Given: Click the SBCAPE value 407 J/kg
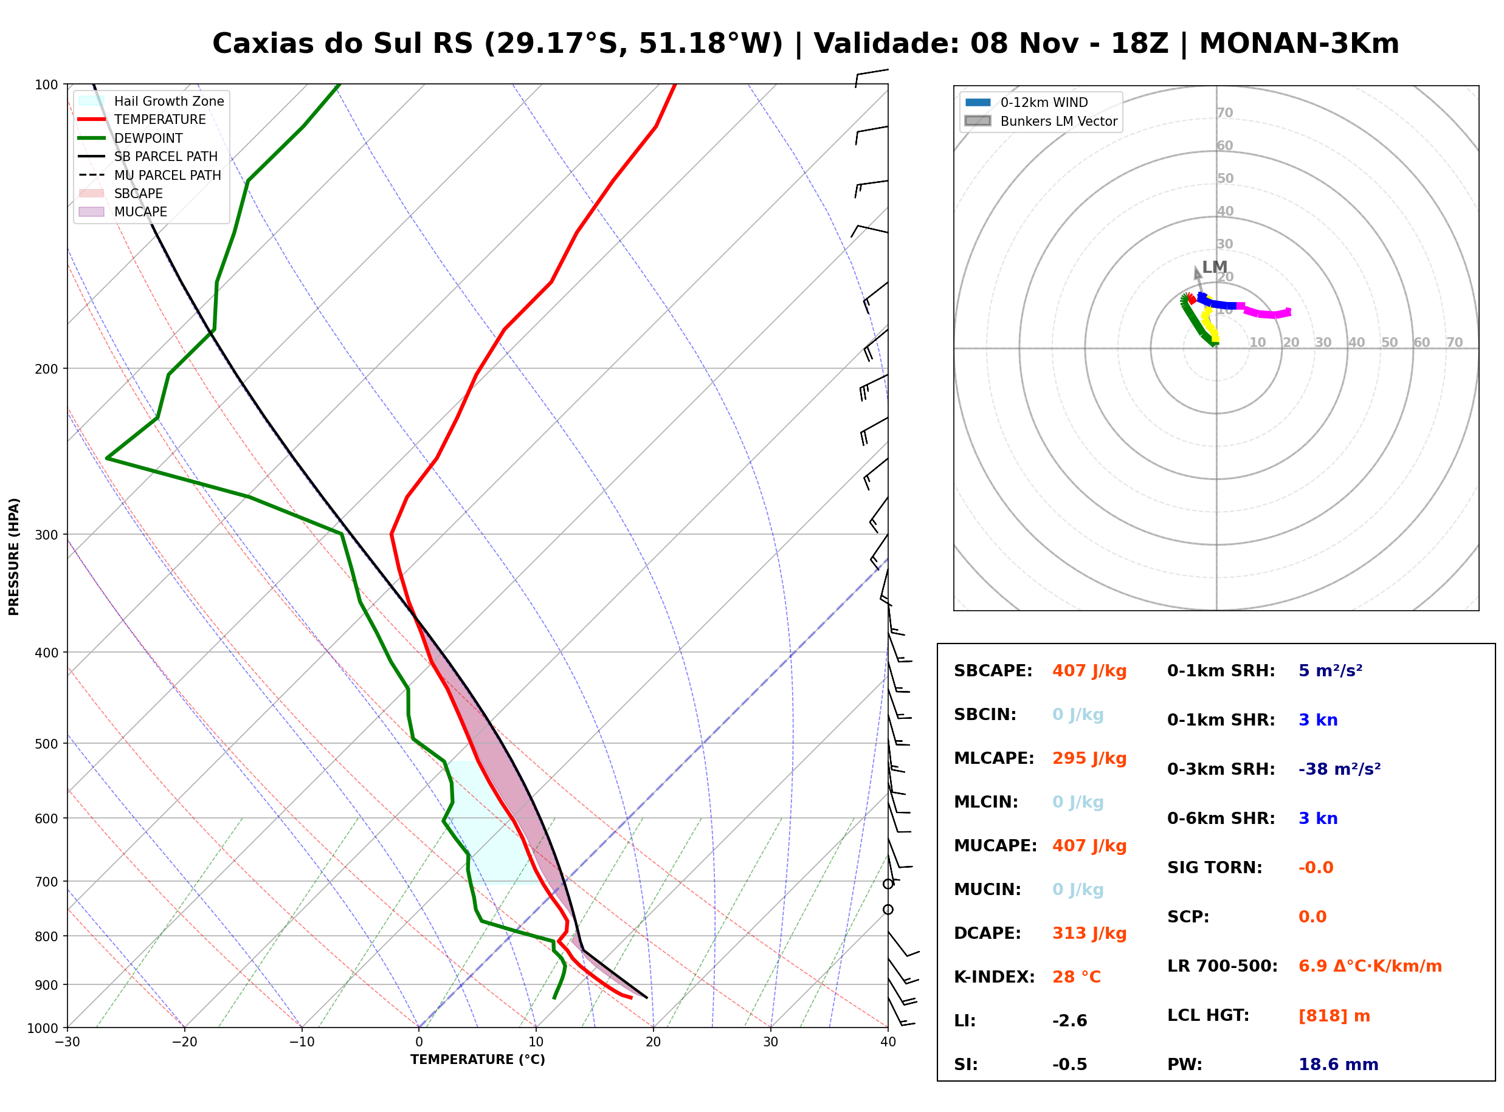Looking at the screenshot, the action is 1089,671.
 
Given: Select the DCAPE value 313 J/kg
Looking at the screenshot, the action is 1089,933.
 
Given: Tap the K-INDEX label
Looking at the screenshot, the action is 995,977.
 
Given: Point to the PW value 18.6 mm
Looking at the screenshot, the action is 1339,1065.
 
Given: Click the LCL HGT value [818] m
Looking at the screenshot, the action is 1334,1016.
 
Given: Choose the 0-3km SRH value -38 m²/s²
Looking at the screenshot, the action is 1340,769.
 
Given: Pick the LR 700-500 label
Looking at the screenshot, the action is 1223,967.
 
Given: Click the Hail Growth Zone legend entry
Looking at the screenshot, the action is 151,101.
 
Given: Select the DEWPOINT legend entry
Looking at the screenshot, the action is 131,138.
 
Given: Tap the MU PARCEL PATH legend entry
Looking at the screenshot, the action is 150,175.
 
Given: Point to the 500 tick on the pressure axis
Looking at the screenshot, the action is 47,744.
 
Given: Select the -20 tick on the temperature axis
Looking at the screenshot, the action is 184,1042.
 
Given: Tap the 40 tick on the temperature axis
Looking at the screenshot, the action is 888,1042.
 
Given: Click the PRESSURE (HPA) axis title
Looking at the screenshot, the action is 14,557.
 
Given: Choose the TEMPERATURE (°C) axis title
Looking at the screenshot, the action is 478,1060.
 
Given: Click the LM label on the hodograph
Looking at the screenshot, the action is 1215,267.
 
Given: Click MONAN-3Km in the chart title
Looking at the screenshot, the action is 1299,44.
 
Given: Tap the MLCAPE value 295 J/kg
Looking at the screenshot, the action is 1089,758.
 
